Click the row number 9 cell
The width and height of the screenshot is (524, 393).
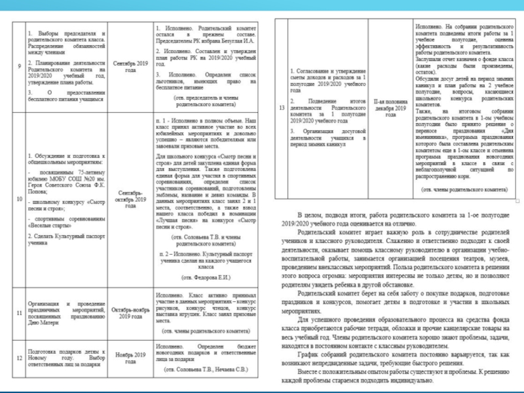(x=18, y=65)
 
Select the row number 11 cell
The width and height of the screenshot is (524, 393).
(x=18, y=312)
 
